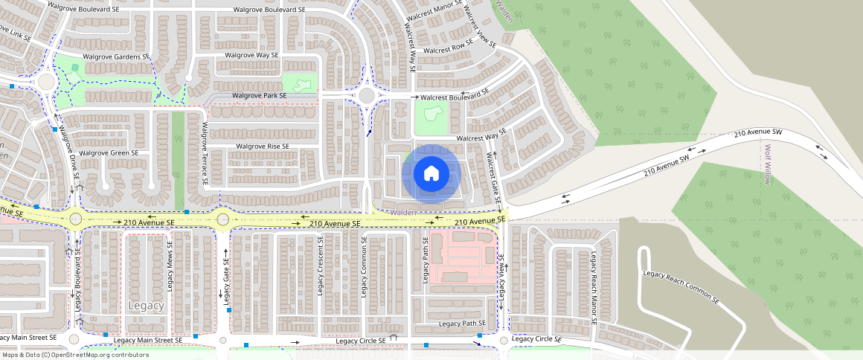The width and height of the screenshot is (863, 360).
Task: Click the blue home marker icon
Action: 431,174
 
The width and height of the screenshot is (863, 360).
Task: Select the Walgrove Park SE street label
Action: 259,96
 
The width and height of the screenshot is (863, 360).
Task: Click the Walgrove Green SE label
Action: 109,153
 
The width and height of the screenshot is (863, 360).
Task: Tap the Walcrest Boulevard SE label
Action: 455,96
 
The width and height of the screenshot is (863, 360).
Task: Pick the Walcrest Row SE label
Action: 449,50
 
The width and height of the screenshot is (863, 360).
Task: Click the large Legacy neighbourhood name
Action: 146,306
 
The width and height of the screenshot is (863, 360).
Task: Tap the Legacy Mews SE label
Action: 170,266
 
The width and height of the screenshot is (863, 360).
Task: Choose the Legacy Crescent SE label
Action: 321,266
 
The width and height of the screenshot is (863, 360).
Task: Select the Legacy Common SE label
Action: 364,266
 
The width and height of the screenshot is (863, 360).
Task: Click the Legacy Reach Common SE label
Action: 681,286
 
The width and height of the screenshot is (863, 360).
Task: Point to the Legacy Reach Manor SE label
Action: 594,289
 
